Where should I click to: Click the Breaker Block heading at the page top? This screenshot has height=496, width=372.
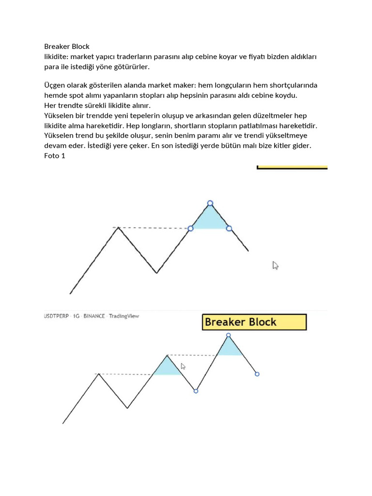pyautogui.click(x=67, y=46)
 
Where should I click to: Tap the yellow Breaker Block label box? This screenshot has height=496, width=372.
pyautogui.click(x=254, y=322)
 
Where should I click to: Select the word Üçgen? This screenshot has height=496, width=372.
pyautogui.click(x=55, y=85)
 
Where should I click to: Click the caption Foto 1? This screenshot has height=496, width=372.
pyautogui.click(x=54, y=156)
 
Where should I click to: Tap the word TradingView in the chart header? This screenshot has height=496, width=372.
pyautogui.click(x=124, y=316)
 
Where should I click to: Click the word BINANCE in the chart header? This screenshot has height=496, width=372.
pyautogui.click(x=94, y=316)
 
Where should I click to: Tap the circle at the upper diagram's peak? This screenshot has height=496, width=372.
pyautogui.click(x=210, y=203)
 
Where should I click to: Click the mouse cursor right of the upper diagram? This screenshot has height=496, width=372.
pyautogui.click(x=275, y=265)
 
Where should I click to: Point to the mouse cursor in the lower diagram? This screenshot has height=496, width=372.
pyautogui.click(x=183, y=367)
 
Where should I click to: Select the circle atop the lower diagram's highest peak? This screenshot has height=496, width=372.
pyautogui.click(x=229, y=335)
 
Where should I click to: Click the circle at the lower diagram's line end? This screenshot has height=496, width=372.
pyautogui.click(x=257, y=374)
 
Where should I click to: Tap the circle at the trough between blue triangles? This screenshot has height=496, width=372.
pyautogui.click(x=196, y=391)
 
